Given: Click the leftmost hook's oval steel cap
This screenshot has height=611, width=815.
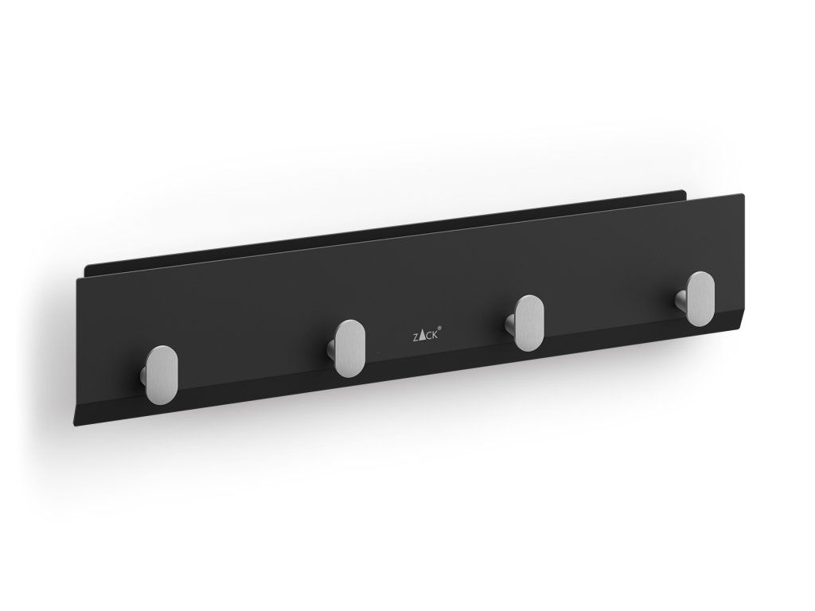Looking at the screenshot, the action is click(x=161, y=374).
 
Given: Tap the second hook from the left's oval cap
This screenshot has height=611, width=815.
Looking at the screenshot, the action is click(x=349, y=348).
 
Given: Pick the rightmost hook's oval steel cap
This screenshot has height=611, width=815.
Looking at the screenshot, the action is click(x=700, y=299).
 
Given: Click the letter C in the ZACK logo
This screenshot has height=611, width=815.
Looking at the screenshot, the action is click(x=429, y=336).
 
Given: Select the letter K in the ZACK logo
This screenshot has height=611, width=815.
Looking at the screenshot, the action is click(x=435, y=334).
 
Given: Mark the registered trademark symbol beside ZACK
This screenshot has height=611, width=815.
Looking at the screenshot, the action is click(x=441, y=329).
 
